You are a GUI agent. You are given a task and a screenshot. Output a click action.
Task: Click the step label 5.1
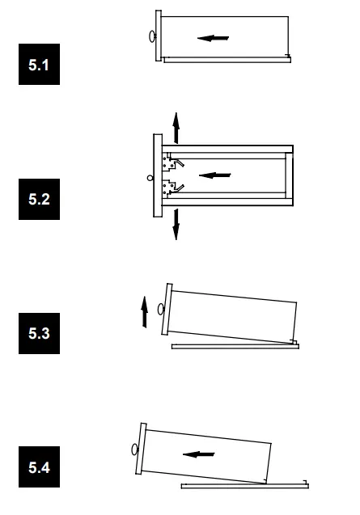[x=39, y=65]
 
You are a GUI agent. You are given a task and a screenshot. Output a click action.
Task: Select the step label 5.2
[x=39, y=199]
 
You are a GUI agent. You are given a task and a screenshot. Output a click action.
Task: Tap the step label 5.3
[x=39, y=333]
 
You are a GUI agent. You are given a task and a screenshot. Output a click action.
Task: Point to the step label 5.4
[x=39, y=466]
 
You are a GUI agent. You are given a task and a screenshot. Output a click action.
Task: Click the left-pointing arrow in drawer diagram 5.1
[x=213, y=38]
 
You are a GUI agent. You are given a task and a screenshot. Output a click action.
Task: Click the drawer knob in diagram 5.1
[x=152, y=36]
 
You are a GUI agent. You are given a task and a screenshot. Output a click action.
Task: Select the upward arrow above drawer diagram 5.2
[x=176, y=128]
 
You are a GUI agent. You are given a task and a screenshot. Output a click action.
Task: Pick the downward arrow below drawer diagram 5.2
[x=176, y=224]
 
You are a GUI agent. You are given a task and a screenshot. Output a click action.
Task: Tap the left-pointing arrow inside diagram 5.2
[x=215, y=175]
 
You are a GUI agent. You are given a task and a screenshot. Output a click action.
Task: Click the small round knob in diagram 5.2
[x=150, y=178]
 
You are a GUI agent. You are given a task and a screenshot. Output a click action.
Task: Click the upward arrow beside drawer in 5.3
[x=144, y=312]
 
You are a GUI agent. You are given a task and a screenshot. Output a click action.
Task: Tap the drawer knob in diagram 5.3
[x=161, y=309]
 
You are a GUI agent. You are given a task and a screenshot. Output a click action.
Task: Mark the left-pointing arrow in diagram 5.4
[x=198, y=454]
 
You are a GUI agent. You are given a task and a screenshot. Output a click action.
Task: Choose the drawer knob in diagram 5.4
[x=134, y=449]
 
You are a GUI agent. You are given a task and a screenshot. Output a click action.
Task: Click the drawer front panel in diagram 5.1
[x=159, y=36]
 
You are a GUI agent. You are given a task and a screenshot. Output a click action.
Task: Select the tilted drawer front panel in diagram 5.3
[x=167, y=309]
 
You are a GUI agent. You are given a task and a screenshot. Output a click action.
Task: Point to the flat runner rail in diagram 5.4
[x=245, y=486]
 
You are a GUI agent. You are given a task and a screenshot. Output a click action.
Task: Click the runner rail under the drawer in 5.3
[x=235, y=347]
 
